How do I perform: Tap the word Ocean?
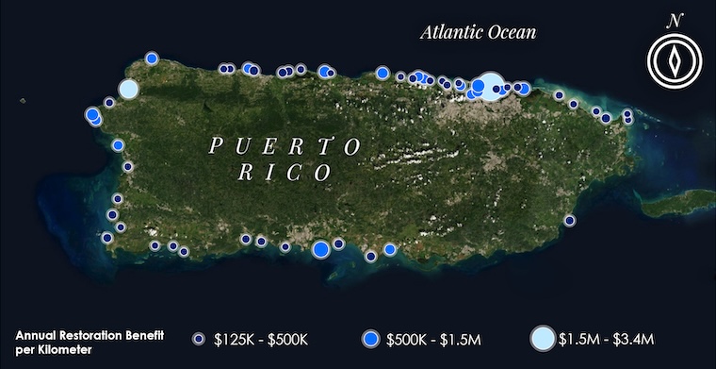510,33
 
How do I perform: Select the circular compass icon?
675,61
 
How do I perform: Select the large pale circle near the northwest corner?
128,90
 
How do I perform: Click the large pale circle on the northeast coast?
492,86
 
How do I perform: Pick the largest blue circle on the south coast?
320,249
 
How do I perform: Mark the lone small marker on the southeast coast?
569,221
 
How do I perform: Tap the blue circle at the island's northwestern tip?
151,59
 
